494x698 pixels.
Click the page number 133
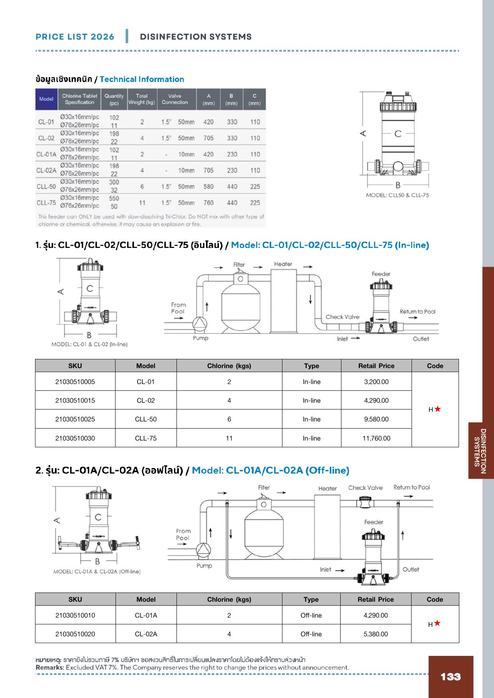(451, 677)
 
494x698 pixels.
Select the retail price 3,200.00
(376, 382)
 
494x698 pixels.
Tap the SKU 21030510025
(75, 419)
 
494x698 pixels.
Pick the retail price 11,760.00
(376, 438)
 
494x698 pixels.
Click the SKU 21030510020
(75, 634)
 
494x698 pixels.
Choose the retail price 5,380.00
(376, 634)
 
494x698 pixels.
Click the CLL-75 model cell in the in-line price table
(146, 438)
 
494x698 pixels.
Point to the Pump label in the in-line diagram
(200, 338)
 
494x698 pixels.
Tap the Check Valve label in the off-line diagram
(365, 487)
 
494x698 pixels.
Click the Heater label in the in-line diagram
(283, 264)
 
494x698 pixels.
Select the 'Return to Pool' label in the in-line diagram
(418, 312)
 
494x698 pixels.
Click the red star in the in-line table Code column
(437, 409)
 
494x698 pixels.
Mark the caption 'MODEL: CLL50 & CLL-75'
(398, 195)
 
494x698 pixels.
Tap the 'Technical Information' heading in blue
(142, 79)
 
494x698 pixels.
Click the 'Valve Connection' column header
(174, 99)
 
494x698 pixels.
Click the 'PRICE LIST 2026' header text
(75, 37)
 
